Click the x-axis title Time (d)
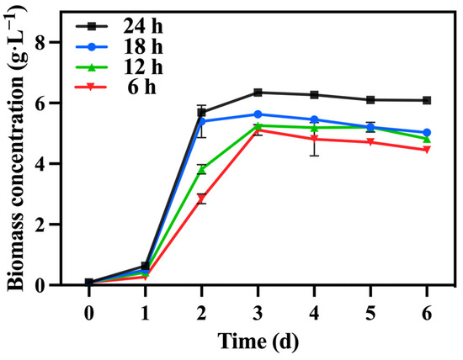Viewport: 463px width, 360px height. click(x=258, y=342)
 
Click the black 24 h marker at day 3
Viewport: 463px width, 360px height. click(x=258, y=93)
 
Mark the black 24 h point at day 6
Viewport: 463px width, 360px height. click(x=427, y=100)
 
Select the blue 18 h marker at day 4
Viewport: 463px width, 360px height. click(x=314, y=119)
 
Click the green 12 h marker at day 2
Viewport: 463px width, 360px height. click(x=201, y=169)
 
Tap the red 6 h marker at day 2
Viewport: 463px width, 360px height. click(x=201, y=199)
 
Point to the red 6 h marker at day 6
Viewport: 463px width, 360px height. click(x=427, y=150)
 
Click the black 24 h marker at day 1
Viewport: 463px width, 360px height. click(x=145, y=266)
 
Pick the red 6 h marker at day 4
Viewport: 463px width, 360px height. click(x=314, y=139)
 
